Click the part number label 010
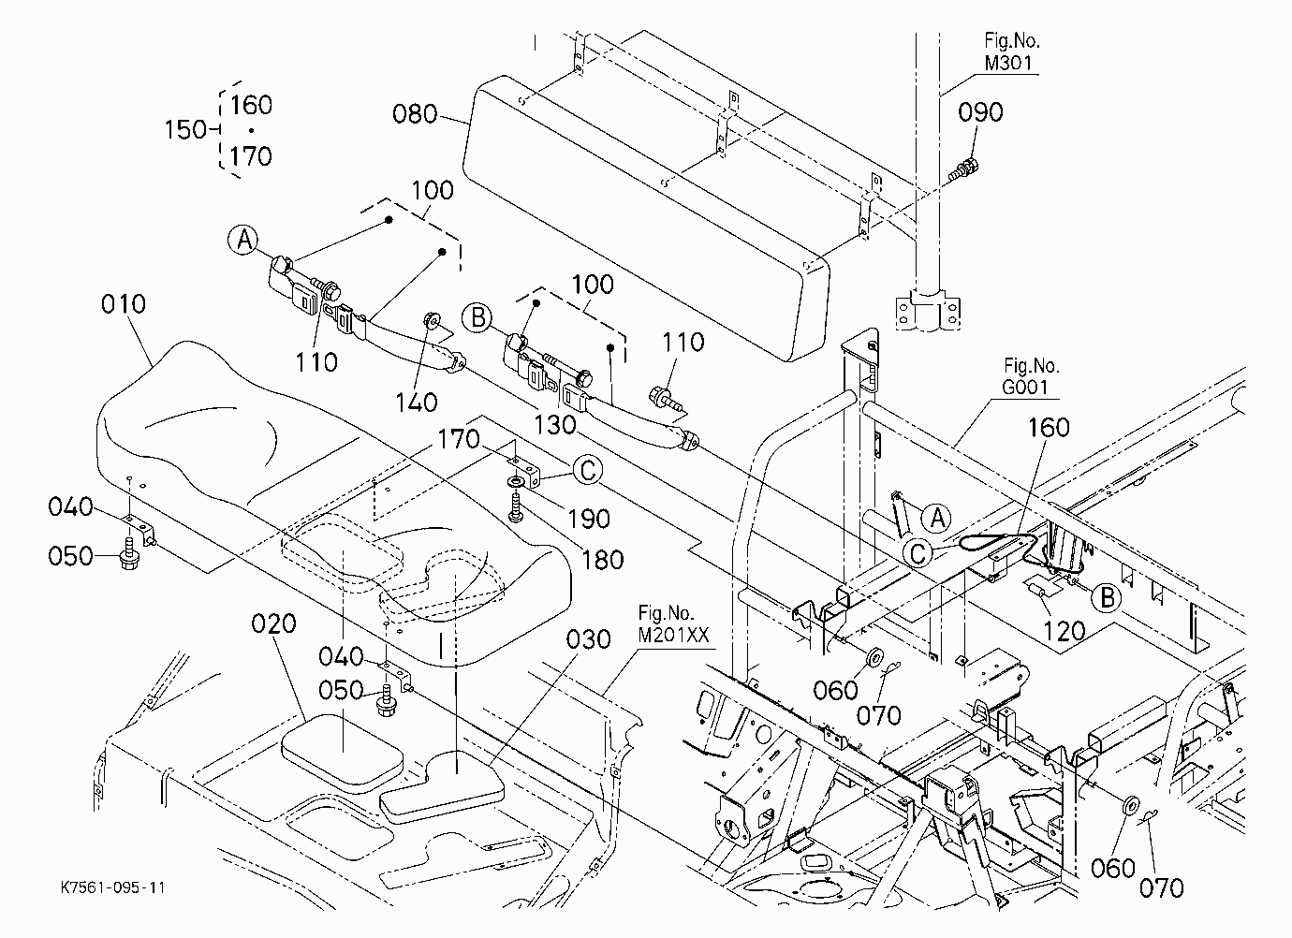click(124, 304)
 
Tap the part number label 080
click(415, 113)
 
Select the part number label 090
click(980, 112)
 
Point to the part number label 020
click(274, 623)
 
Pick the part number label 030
click(588, 639)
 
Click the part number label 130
click(555, 425)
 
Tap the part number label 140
click(417, 403)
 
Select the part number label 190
click(589, 520)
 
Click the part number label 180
click(603, 560)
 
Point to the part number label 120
click(1064, 631)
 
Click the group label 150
click(185, 129)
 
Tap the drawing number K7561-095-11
click(113, 887)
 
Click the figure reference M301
click(1008, 63)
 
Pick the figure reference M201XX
click(673, 635)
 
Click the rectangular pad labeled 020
click(342, 752)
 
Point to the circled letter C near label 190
click(587, 470)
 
